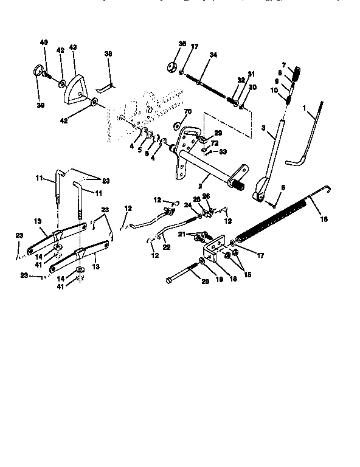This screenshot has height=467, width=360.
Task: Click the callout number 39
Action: (x=41, y=105)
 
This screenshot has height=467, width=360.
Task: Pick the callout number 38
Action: (x=108, y=54)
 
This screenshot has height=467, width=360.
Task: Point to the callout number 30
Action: (x=254, y=87)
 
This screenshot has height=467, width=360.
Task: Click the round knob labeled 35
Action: (x=170, y=67)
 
